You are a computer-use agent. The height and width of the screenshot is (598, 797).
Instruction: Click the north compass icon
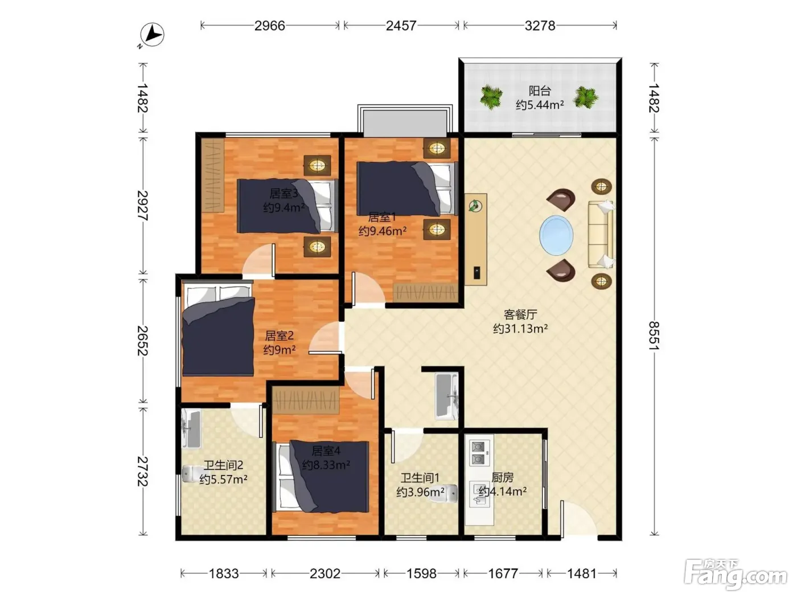click(x=152, y=35)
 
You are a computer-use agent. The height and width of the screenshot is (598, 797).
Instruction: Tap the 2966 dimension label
click(x=269, y=26)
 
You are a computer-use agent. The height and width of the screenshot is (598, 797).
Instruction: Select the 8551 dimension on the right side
click(x=654, y=335)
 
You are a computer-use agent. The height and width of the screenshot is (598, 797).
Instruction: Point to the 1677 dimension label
click(x=503, y=574)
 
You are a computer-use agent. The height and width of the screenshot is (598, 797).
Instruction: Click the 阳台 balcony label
click(x=540, y=91)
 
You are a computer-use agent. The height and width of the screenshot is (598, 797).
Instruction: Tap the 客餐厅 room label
click(x=520, y=314)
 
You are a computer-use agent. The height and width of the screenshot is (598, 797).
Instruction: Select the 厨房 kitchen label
click(x=503, y=477)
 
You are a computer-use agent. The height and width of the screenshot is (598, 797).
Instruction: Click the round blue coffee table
click(x=556, y=235)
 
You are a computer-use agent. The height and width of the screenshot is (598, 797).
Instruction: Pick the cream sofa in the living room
click(x=601, y=235)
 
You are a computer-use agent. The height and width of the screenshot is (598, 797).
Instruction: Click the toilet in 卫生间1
click(x=443, y=494)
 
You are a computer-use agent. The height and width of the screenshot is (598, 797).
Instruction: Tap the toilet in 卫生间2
click(x=191, y=474)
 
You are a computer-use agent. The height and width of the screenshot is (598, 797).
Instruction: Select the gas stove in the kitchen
click(x=479, y=453)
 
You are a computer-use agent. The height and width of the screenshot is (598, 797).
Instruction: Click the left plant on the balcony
click(x=491, y=97)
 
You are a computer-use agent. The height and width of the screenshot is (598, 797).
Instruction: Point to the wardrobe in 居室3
click(x=213, y=176)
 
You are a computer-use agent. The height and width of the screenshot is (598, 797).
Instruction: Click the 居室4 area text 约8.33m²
click(x=326, y=465)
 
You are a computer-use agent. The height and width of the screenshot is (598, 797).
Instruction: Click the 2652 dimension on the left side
click(x=143, y=341)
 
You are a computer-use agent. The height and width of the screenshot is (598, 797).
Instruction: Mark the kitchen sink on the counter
click(x=479, y=494)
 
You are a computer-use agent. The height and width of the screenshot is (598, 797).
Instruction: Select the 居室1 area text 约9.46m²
click(x=383, y=231)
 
